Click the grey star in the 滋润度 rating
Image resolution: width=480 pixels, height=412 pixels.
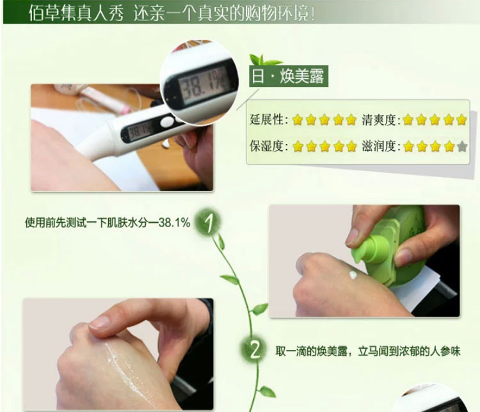(x=462, y=147)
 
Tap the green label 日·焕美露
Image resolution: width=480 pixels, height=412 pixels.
(x=289, y=76)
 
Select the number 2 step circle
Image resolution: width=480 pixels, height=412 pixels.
(x=254, y=349)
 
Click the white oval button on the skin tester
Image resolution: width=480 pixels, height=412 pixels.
(x=167, y=122)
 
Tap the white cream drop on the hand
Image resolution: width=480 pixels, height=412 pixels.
(x=353, y=275)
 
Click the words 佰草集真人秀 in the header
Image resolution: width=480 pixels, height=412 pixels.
(x=77, y=14)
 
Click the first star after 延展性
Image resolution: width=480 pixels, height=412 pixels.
(x=297, y=120)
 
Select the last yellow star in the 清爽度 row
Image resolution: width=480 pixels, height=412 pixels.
(x=461, y=120)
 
